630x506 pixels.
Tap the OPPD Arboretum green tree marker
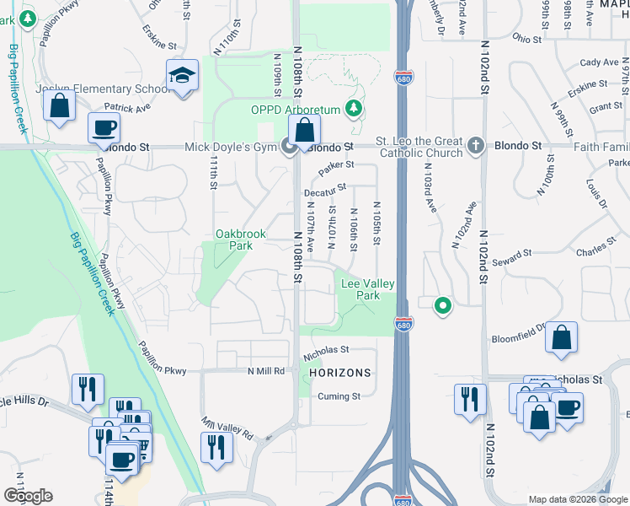(x=355, y=109)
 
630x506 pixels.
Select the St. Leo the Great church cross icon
(x=475, y=145)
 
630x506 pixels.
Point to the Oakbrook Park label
(x=234, y=240)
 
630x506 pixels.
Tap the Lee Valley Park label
(x=367, y=290)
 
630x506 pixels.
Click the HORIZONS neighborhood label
(x=339, y=372)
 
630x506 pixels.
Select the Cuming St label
(x=339, y=396)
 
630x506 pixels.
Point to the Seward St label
(x=515, y=252)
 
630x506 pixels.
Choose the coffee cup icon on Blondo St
(x=104, y=128)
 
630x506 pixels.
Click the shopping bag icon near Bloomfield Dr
(x=561, y=338)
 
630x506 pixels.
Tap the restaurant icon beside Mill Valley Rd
(x=216, y=446)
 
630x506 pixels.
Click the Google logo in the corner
(x=28, y=496)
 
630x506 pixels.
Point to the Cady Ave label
(x=600, y=62)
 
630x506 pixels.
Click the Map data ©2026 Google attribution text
(x=577, y=499)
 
